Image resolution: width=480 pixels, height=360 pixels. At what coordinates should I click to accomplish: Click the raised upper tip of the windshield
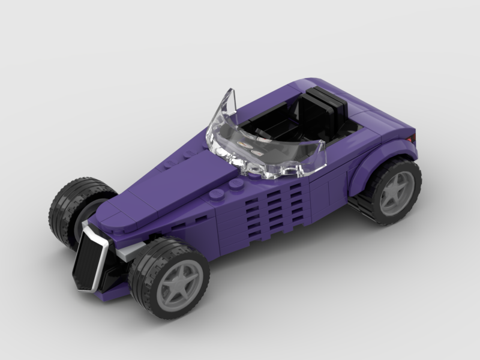click(x=229, y=96)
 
